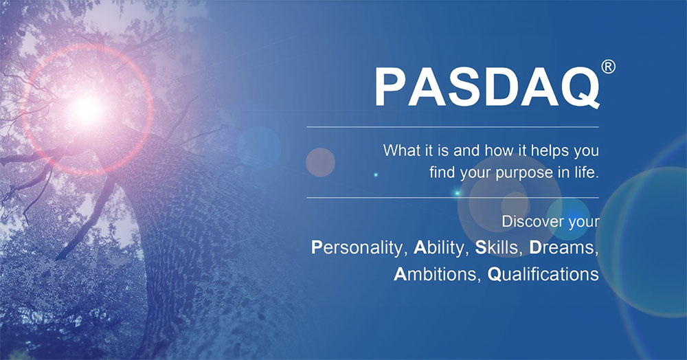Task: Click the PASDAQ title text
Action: click(x=487, y=87)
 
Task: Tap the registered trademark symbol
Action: click(x=608, y=67)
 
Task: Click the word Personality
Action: click(x=357, y=248)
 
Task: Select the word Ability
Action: click(x=439, y=248)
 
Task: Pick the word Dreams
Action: click(x=564, y=248)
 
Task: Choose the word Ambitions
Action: click(x=436, y=274)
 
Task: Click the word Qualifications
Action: click(x=543, y=275)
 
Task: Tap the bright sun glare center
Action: click(x=87, y=109)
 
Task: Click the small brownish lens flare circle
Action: click(x=320, y=163)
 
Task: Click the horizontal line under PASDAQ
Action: click(x=453, y=127)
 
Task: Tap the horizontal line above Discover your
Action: click(x=453, y=198)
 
